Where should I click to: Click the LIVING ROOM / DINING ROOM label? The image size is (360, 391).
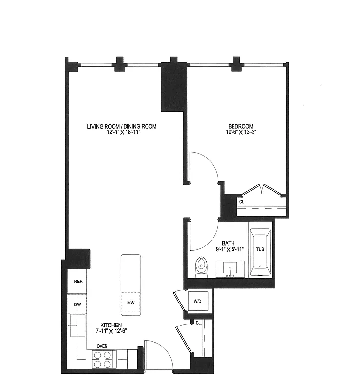coord(122,127)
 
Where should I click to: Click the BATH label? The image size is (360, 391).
coord(229,243)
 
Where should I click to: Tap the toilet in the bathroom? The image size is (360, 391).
coord(201,267)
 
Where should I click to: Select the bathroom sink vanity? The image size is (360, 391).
coord(230,269)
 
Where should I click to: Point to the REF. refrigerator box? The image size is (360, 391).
coord(78,282)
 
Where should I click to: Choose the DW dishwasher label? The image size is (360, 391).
coord(77,304)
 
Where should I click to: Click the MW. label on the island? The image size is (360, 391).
coord(131,303)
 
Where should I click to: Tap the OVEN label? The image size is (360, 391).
coord(102,346)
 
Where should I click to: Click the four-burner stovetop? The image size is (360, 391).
coord(102,360)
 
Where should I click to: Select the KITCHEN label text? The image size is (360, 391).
coord(111,325)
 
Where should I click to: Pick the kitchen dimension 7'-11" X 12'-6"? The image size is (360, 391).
coord(111,331)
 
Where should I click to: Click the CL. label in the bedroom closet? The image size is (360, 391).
coord(242,201)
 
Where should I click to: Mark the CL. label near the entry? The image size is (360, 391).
coord(199,323)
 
